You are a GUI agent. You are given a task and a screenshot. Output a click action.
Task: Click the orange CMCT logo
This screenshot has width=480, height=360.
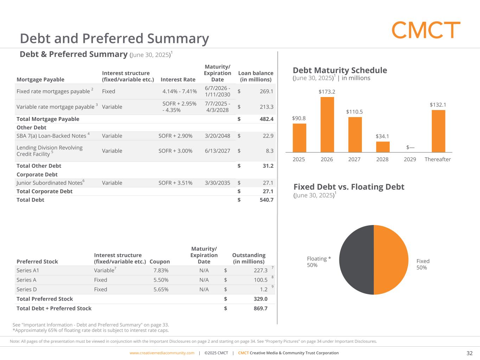[426, 30]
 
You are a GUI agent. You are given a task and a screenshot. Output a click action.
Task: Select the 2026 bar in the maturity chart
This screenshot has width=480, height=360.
[327, 124]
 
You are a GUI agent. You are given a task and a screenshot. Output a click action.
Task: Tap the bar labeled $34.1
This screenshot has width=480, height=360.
[383, 147]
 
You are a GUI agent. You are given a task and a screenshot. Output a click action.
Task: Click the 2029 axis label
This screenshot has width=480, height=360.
[410, 159]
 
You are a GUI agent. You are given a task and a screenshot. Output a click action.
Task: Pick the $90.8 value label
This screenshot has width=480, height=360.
[299, 118]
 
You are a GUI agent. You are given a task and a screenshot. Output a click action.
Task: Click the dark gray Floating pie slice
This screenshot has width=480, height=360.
[356, 260]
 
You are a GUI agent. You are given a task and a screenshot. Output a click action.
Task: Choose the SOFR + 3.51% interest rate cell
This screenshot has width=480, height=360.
[175, 183]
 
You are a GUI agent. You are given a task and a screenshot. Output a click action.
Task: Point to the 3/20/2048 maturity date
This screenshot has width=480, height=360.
[217, 136]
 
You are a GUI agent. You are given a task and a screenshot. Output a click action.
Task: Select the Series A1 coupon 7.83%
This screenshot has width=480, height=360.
[161, 270]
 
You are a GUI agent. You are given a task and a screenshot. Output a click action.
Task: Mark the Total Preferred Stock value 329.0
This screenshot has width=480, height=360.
[260, 299]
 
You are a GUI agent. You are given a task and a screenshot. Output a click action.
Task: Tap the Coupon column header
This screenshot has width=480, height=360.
[160, 262]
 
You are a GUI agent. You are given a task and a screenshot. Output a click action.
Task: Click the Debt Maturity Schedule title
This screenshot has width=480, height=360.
[340, 70]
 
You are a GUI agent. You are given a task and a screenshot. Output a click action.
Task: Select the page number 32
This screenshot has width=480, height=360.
[469, 353]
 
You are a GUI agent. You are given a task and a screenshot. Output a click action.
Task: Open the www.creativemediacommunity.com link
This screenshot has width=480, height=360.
[162, 353]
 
